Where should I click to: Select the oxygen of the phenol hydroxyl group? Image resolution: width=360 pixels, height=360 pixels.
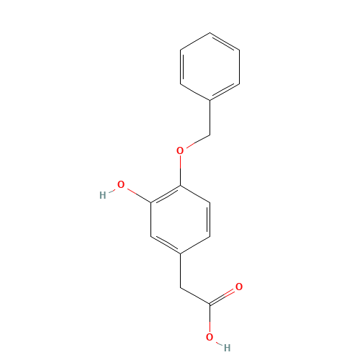[x=121, y=185]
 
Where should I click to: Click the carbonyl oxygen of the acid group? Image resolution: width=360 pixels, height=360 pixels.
[x=239, y=287]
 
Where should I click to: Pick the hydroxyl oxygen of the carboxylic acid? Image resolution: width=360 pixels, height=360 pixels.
[x=210, y=336]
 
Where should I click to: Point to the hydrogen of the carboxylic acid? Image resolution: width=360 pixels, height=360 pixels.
[x=226, y=347]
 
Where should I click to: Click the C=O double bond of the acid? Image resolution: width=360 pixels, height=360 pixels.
[x=223, y=296]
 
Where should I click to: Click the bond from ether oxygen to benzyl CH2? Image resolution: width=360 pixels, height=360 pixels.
[x=195, y=141]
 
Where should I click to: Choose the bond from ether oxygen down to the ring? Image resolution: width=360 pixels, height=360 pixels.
[x=180, y=168]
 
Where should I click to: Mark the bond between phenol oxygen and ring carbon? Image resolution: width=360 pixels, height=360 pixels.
[x=136, y=194]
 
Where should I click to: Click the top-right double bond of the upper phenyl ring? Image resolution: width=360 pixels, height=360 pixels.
[x=224, y=42]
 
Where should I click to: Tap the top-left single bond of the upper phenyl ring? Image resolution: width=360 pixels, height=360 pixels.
[x=194, y=42]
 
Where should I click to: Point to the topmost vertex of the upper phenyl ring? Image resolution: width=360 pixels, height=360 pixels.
[x=210, y=32]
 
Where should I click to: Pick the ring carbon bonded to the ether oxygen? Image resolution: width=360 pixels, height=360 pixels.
[x=180, y=185]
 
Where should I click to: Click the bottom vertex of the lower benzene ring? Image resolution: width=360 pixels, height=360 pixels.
[x=180, y=253]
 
